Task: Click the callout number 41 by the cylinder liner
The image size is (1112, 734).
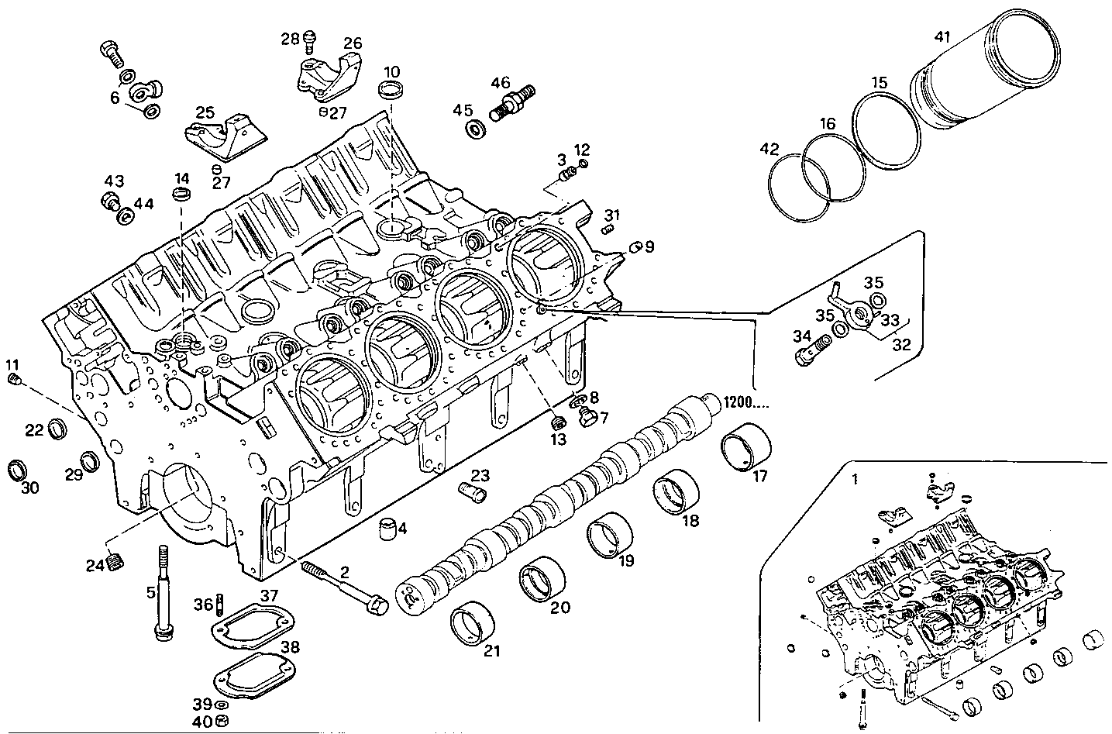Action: (943, 36)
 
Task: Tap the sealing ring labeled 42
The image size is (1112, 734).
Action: (799, 179)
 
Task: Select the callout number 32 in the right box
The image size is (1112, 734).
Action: (900, 345)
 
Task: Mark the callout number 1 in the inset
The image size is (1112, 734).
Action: (855, 479)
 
